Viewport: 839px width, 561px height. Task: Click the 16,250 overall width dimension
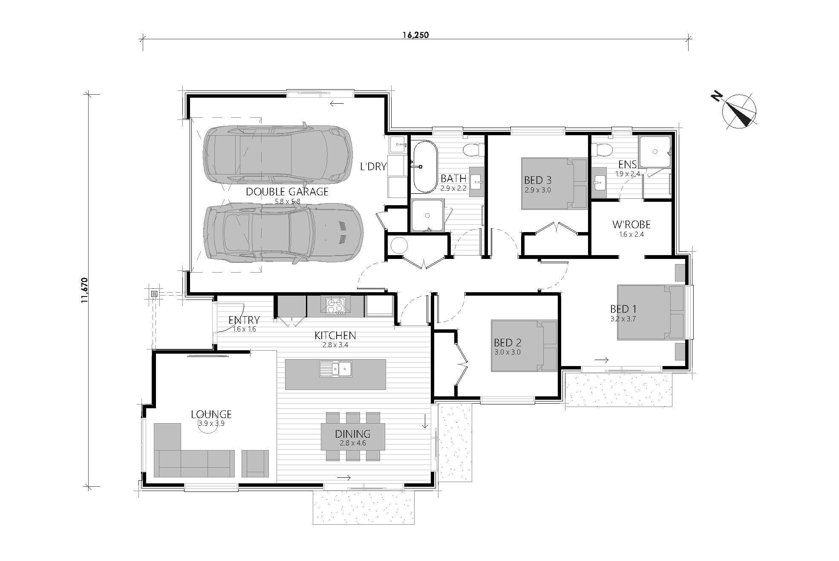pos(415,35)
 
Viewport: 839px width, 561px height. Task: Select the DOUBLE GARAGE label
pos(287,192)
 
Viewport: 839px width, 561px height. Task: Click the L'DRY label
pos(373,166)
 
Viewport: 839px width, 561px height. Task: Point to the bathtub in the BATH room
pos(424,167)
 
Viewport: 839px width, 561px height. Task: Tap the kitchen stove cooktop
pos(335,306)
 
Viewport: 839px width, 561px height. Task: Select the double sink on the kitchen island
pos(335,369)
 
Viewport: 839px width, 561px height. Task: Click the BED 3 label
pos(538,180)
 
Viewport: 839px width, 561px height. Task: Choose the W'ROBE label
pos(631,224)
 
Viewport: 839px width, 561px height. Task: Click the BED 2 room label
pos(507,343)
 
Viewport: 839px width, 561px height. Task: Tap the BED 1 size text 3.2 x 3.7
pos(623,319)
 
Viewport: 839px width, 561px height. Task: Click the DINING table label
pos(352,434)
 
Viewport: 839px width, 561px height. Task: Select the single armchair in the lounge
pos(255,463)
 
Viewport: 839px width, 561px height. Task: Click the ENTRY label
pos(244,320)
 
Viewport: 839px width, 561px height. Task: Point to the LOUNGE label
pos(211,414)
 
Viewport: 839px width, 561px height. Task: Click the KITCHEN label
pos(335,335)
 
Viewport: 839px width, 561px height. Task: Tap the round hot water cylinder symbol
pos(399,246)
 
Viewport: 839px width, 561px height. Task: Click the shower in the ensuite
pos(655,152)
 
